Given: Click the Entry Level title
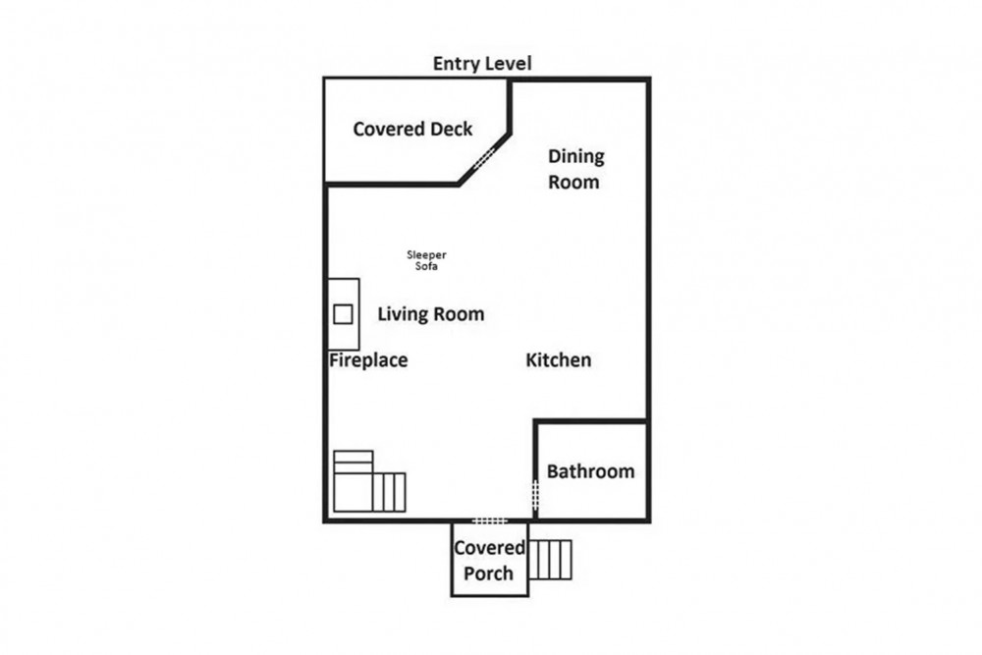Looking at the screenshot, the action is point(482,63).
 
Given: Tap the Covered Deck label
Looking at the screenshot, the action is point(412,129).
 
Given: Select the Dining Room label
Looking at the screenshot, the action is point(575,169).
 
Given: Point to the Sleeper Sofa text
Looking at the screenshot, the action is point(426,260).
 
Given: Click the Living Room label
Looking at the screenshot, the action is point(431,313).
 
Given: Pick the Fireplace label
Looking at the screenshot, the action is point(368,360).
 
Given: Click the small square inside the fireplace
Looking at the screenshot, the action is point(343,313).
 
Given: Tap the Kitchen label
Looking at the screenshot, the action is point(558,360).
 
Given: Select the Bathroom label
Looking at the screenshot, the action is point(590,471).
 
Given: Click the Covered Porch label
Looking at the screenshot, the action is point(489,560).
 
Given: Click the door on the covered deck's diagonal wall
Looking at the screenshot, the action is point(484,158).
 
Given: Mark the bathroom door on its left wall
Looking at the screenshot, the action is point(535,495).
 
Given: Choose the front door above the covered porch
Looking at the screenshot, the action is point(490,520).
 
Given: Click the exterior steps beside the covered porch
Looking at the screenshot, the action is point(551,560).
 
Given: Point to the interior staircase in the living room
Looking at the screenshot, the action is point(369,481).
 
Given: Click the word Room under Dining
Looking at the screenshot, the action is point(573,182).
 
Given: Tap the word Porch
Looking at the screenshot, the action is point(488,573).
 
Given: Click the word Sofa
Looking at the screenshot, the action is point(426,266).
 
